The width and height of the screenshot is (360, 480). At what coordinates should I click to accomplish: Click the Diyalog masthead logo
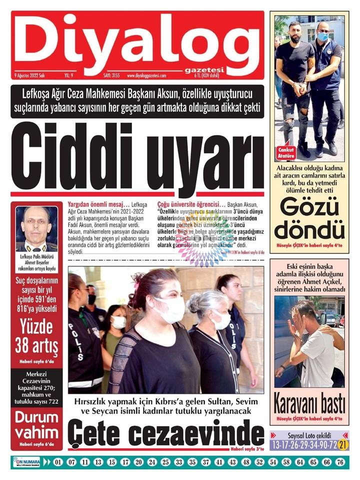click(x=137, y=42)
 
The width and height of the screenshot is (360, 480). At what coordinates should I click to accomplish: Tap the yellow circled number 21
click(x=342, y=444)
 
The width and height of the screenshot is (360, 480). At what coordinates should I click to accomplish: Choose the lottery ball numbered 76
click(x=340, y=462)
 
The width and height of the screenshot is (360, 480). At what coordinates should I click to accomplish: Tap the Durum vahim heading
click(x=36, y=425)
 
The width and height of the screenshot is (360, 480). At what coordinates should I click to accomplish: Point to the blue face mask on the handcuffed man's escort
click(x=322, y=36)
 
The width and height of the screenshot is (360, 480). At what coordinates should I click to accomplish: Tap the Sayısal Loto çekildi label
click(x=308, y=434)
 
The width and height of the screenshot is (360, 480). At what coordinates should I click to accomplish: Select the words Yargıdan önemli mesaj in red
click(x=98, y=204)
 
